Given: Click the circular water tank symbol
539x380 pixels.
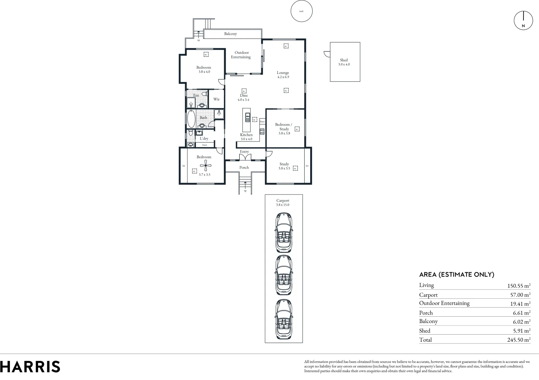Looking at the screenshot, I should [x=301, y=11].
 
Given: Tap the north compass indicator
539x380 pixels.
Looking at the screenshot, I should [x=523, y=20].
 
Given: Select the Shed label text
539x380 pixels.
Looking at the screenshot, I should [x=344, y=60].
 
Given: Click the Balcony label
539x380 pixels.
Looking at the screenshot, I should [x=231, y=34].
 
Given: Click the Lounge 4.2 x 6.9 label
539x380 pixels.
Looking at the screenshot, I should [x=283, y=75].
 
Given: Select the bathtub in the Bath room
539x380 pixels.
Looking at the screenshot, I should [x=191, y=119].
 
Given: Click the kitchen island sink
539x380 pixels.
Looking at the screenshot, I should [x=247, y=117].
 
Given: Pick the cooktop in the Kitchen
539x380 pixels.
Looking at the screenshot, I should [x=262, y=132].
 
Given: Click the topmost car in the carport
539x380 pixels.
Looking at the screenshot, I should [x=284, y=233].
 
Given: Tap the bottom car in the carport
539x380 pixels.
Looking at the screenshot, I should [x=284, y=319].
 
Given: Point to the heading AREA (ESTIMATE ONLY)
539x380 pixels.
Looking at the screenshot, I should [x=457, y=275].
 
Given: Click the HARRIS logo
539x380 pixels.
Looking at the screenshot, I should [x=30, y=367].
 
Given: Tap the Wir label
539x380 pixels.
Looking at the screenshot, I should [x=216, y=100].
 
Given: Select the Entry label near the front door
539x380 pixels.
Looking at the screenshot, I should [x=244, y=152].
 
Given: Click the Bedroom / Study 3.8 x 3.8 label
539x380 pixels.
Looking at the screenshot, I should [x=284, y=129].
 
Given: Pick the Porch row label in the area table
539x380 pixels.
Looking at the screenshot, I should [x=426, y=313].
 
